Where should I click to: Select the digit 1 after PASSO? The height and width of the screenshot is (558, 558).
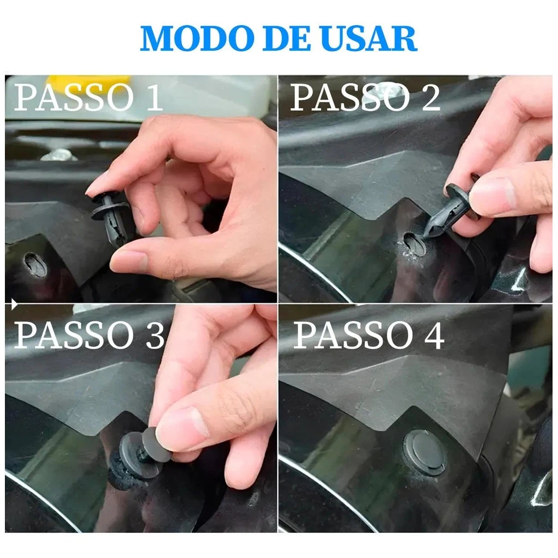[154, 97]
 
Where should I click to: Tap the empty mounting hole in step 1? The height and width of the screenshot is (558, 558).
[35, 264]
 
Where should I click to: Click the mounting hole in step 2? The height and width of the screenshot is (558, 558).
[415, 244]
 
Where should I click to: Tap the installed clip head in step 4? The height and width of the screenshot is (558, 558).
[424, 452]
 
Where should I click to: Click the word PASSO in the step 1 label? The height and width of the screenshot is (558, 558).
[74, 97]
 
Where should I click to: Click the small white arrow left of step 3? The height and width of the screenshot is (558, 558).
[14, 304]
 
